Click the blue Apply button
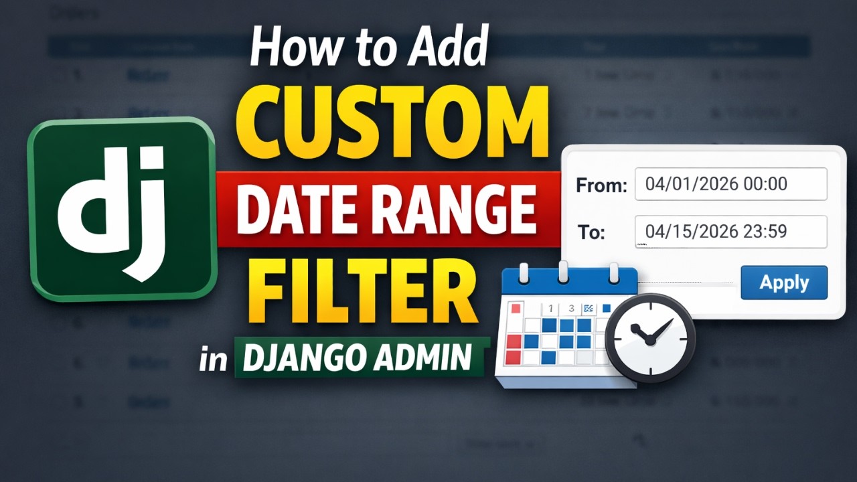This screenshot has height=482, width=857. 784,283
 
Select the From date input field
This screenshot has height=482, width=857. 730,184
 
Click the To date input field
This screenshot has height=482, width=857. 730,232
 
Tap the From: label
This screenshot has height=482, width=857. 601,185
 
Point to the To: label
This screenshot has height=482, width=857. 591,233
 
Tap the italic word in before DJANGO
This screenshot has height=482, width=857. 214,359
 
